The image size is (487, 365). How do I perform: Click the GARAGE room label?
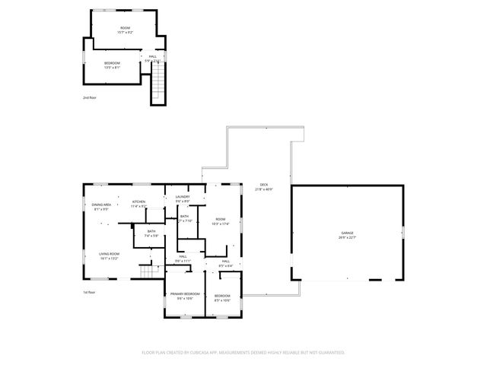[348, 233]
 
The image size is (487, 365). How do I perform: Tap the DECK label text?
[264, 185]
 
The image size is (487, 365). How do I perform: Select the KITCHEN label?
[138, 202]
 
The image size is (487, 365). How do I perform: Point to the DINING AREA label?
[102, 205]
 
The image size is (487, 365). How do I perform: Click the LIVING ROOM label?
[110, 254]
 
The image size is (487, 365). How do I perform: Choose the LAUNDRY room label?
[183, 197]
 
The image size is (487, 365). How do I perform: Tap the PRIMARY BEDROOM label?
[185, 294]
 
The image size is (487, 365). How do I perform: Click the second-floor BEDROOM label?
[112, 63]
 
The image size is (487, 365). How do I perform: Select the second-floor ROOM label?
[124, 29]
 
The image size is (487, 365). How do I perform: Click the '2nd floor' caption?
[90, 97]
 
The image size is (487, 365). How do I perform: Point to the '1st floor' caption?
[89, 292]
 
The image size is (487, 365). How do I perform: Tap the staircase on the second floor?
[158, 83]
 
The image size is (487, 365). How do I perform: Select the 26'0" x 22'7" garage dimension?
[348, 237]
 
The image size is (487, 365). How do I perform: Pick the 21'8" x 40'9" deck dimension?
[264, 189]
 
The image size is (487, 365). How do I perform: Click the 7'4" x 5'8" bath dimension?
[151, 236]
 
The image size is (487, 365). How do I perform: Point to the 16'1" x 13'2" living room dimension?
[110, 259]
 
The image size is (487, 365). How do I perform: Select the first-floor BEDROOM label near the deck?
[223, 295]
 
